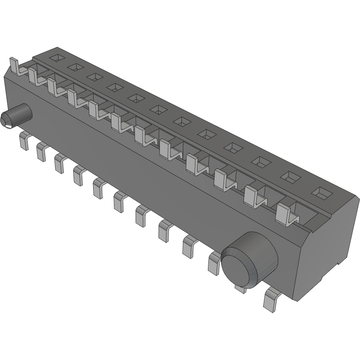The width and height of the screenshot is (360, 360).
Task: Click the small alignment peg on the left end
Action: (15, 116)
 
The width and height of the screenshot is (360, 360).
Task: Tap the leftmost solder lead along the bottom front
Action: (23, 142)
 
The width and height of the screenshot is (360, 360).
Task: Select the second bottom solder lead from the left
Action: (42, 152)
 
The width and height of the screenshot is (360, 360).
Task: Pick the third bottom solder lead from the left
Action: (60, 163)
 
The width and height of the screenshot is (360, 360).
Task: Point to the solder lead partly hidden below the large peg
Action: (240, 286)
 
